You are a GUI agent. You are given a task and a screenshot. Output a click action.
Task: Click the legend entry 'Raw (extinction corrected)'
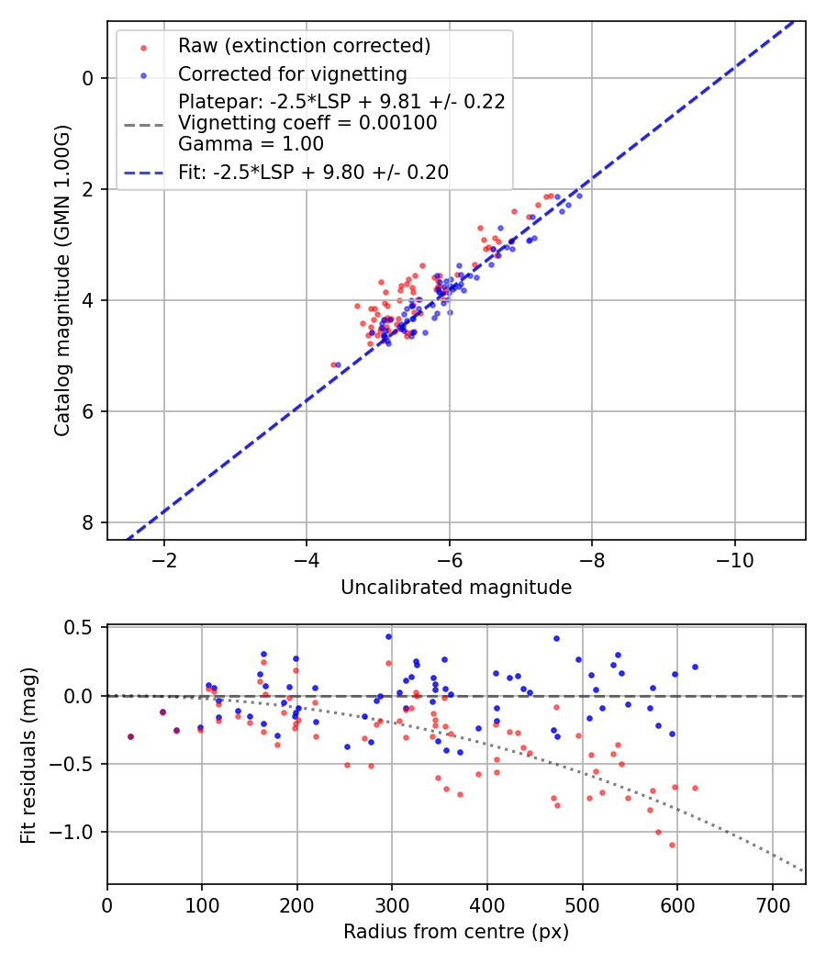(304, 46)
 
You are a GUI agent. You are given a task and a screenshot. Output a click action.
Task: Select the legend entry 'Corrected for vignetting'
(292, 73)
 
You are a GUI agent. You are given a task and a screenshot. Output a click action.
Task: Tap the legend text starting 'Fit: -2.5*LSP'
(313, 173)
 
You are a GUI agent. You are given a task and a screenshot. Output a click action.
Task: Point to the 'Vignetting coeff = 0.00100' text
(307, 123)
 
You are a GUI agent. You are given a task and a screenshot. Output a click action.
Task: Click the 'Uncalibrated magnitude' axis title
(456, 588)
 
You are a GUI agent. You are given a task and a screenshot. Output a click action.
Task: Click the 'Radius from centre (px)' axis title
(456, 932)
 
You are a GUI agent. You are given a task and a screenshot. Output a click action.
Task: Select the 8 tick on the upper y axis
(88, 522)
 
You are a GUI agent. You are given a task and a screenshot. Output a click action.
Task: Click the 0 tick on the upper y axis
(88, 78)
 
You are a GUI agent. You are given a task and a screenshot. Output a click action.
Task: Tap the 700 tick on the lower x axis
(772, 903)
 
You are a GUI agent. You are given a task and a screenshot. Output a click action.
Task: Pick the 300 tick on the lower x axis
(392, 903)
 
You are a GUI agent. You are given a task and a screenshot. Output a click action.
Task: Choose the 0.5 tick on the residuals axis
(82, 628)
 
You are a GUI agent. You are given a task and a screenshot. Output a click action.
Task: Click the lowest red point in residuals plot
(672, 845)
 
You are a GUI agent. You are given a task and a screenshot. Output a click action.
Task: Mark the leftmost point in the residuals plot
(130, 736)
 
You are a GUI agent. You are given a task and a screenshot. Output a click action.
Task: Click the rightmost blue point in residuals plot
(695, 667)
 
